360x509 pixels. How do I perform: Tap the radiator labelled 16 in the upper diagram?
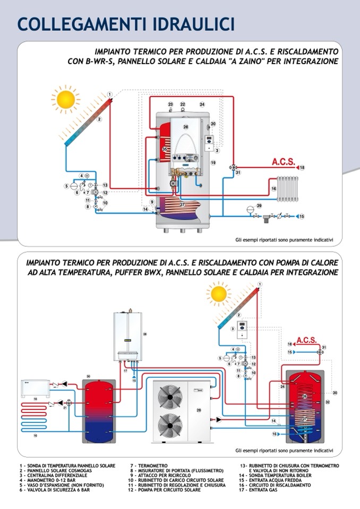coord(287,188)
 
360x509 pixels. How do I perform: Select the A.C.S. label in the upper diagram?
coord(283,161)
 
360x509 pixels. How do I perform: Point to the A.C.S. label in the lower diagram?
coord(306,340)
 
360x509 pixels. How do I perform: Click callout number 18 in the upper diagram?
coord(302,168)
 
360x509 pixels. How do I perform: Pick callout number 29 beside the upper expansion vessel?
coord(259,205)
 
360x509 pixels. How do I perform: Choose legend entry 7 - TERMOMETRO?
coord(148,465)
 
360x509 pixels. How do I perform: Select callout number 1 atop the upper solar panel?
coord(109,94)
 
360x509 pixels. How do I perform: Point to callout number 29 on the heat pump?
coord(199,411)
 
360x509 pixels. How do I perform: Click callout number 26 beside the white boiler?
coord(144,334)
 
